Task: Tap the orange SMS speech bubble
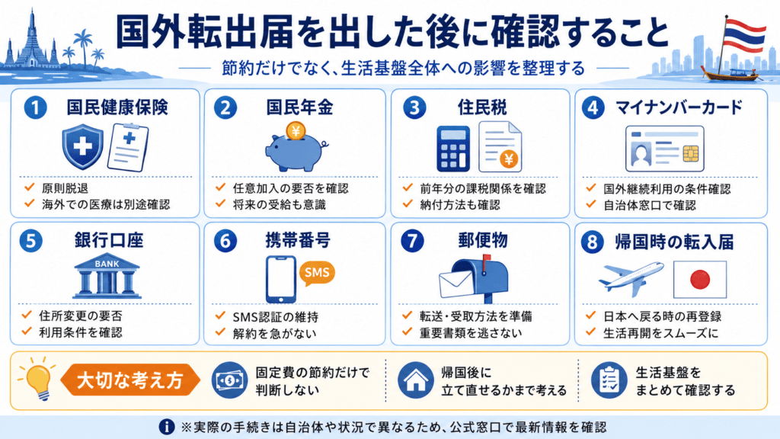pos(317,274)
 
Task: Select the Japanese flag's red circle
pos(700,280)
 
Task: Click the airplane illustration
pos(631,279)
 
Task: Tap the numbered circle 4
pos(593,108)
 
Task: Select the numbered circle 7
pos(412,242)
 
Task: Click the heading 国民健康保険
pos(117,107)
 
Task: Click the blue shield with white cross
pos(82,146)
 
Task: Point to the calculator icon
pos(453,149)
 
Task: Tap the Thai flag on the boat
pos(743,35)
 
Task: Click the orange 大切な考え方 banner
pos(129,380)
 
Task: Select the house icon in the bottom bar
pos(415,381)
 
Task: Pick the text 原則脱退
pos(66,188)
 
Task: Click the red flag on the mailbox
pos(487,259)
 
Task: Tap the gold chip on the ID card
pos(690,154)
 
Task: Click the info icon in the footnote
pos(167,427)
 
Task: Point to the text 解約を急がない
pos(274,334)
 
